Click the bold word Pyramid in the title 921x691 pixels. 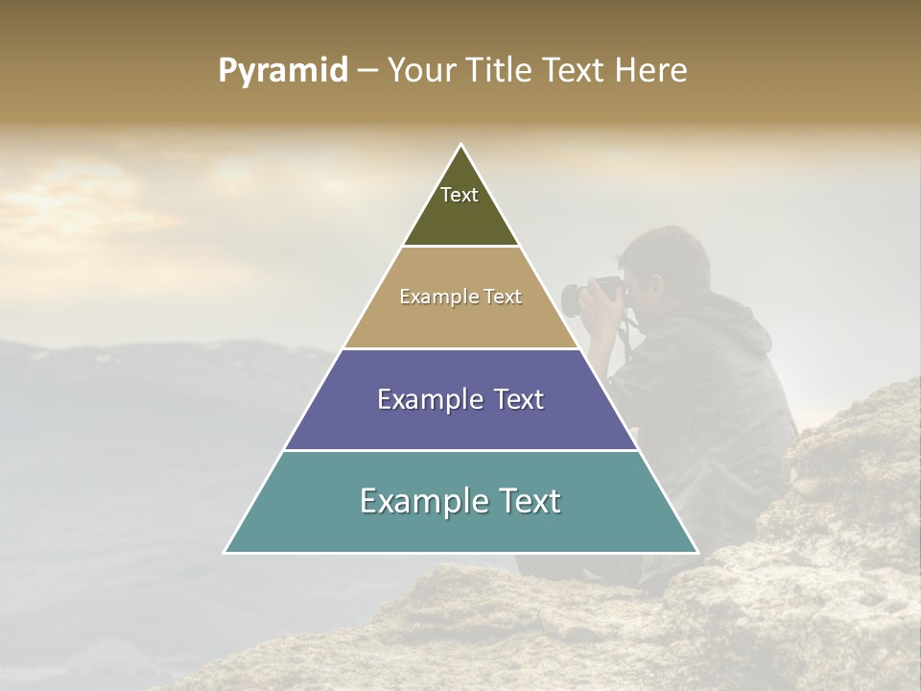[x=283, y=71]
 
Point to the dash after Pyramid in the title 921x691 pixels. [x=367, y=71]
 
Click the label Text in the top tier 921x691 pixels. [x=460, y=195]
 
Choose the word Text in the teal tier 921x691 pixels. [x=522, y=501]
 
